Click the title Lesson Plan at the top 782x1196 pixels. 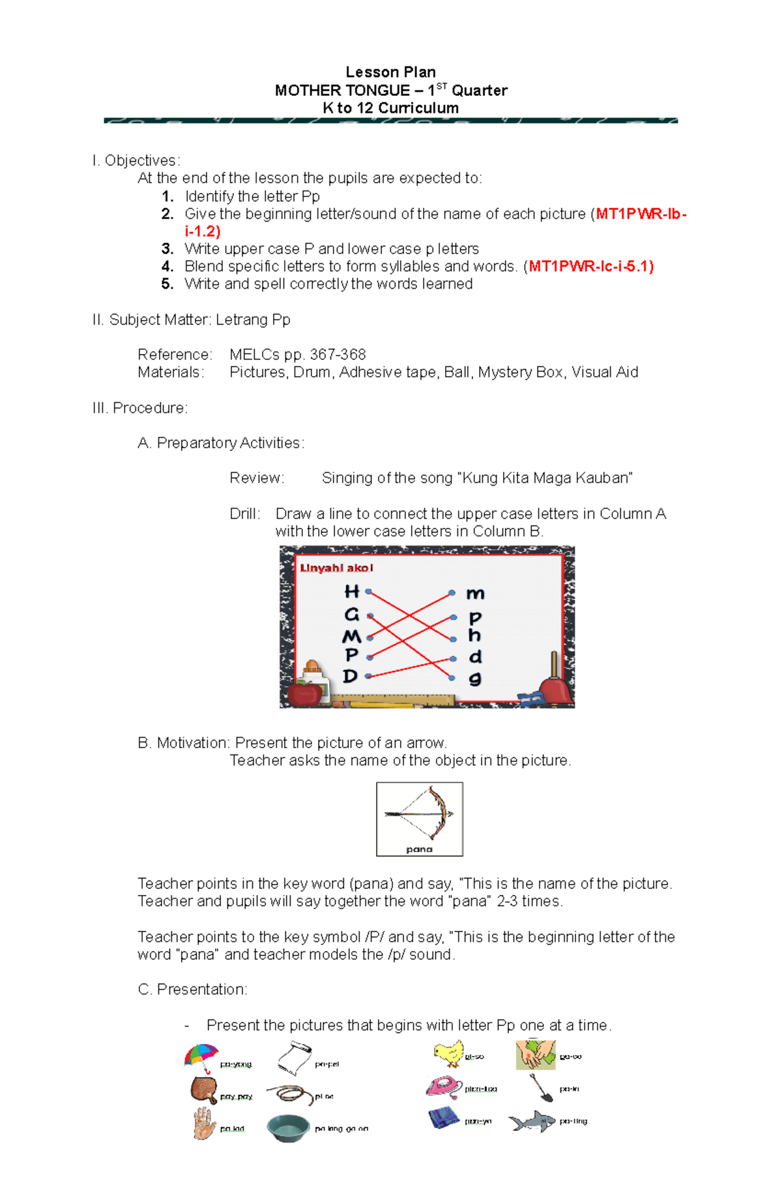(x=390, y=72)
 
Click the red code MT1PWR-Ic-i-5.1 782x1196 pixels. (x=591, y=266)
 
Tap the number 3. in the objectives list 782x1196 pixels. (x=167, y=248)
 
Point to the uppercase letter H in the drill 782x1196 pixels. (x=352, y=591)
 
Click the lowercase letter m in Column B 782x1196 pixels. (x=475, y=593)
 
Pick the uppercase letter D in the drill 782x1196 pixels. (x=351, y=676)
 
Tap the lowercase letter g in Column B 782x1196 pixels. (x=475, y=678)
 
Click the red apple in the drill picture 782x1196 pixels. (x=304, y=692)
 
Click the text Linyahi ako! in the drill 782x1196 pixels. (x=336, y=568)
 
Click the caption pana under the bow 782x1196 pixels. (x=419, y=849)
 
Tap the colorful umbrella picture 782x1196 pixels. (x=201, y=1057)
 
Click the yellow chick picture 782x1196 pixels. (x=448, y=1053)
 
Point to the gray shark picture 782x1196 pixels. (x=532, y=1121)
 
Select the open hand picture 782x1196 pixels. (x=204, y=1124)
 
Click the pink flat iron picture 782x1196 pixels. (x=444, y=1087)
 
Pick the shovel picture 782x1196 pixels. (x=541, y=1087)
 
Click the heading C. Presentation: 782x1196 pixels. (x=192, y=989)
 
